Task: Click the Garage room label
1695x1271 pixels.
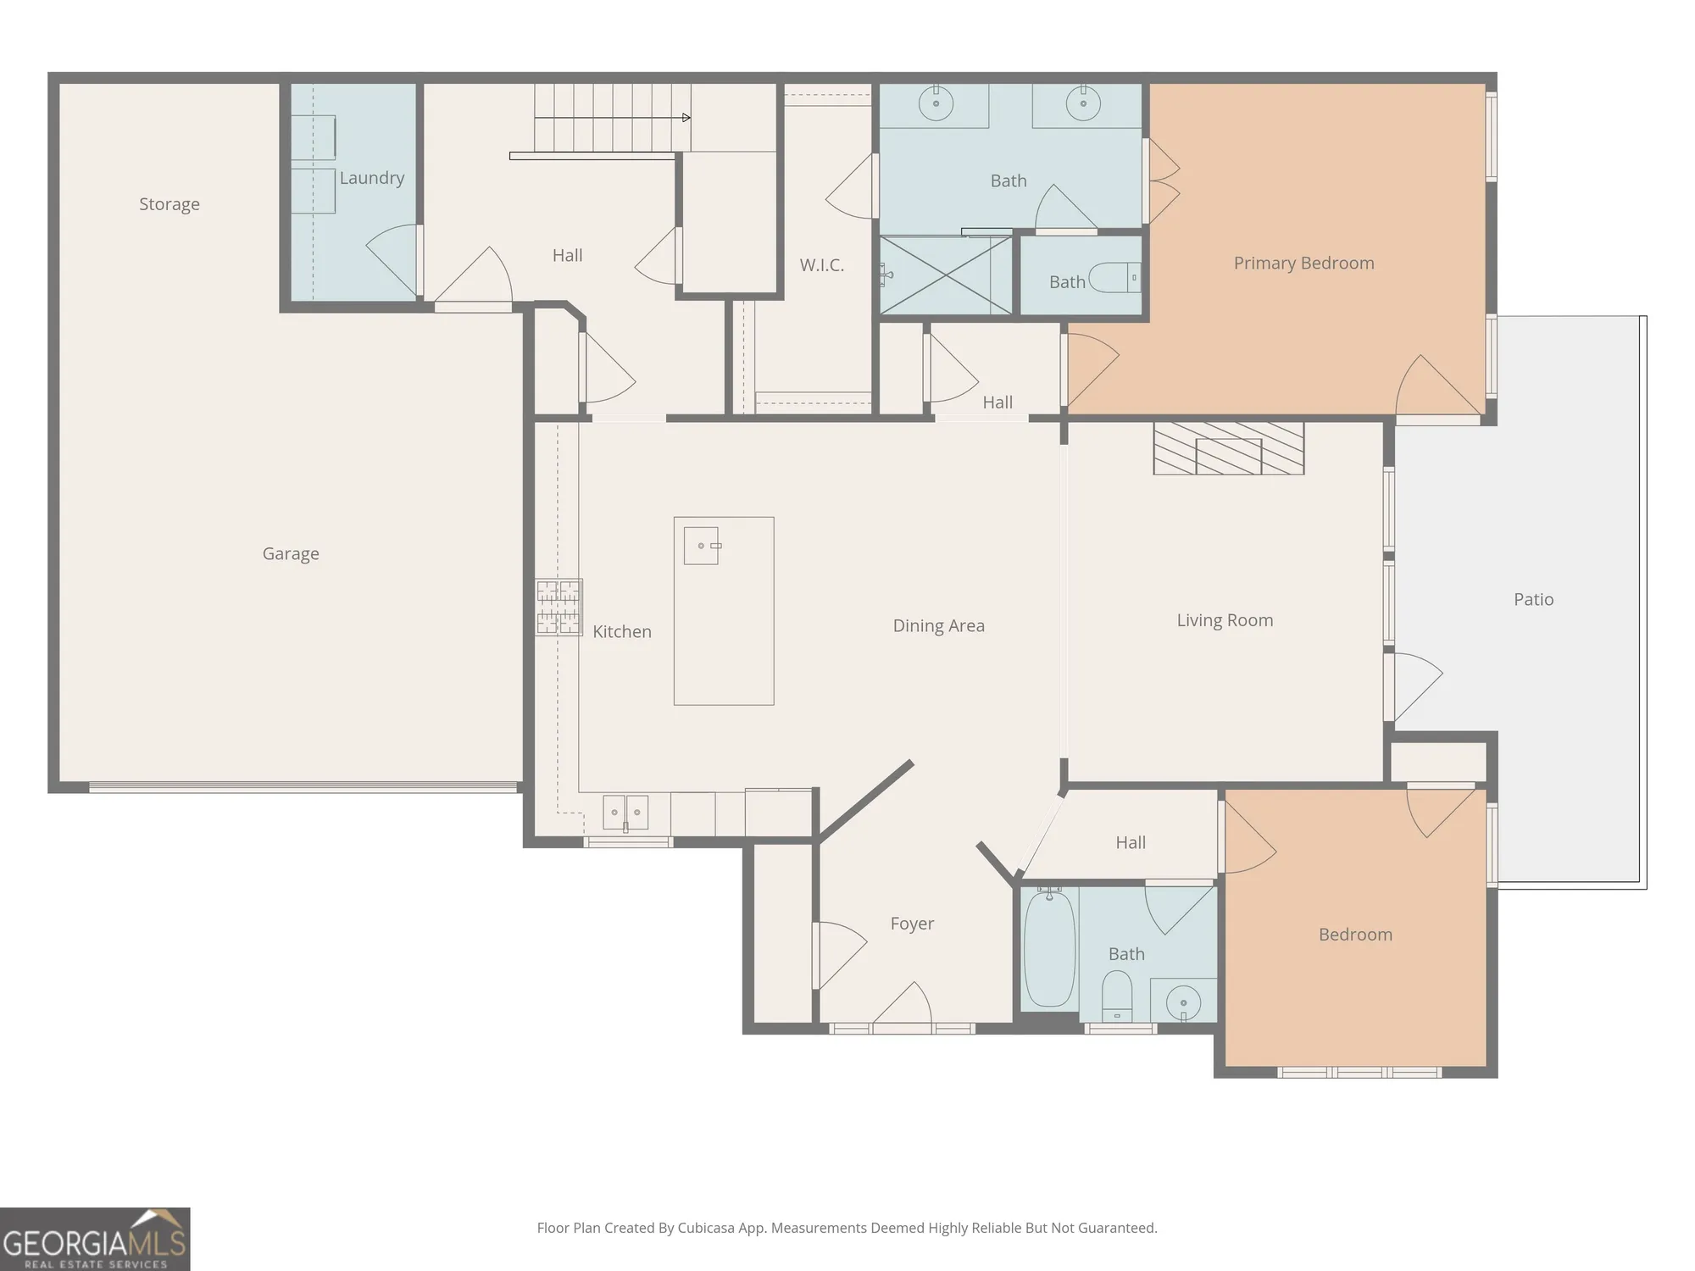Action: coord(291,554)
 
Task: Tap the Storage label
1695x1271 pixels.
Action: coord(169,204)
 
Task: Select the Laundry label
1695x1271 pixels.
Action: coord(372,178)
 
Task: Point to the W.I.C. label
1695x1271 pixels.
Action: coord(822,265)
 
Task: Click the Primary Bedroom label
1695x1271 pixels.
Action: coord(1303,264)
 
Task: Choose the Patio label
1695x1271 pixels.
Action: coord(1533,599)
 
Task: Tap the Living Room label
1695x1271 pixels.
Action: coord(1225,620)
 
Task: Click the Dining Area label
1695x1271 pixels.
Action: coord(938,626)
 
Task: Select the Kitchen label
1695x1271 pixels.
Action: coord(622,631)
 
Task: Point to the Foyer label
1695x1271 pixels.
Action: coord(912,924)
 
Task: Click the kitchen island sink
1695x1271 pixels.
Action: coord(702,546)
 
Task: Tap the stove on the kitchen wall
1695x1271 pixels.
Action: coord(559,607)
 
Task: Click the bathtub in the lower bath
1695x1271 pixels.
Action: coord(1049,948)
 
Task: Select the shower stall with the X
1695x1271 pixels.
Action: coord(946,275)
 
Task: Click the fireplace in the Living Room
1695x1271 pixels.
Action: coord(1228,448)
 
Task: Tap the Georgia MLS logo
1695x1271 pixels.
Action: coord(95,1239)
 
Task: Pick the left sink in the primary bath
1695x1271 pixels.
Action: coord(936,104)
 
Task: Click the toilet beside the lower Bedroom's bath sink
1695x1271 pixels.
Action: coord(1117,996)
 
